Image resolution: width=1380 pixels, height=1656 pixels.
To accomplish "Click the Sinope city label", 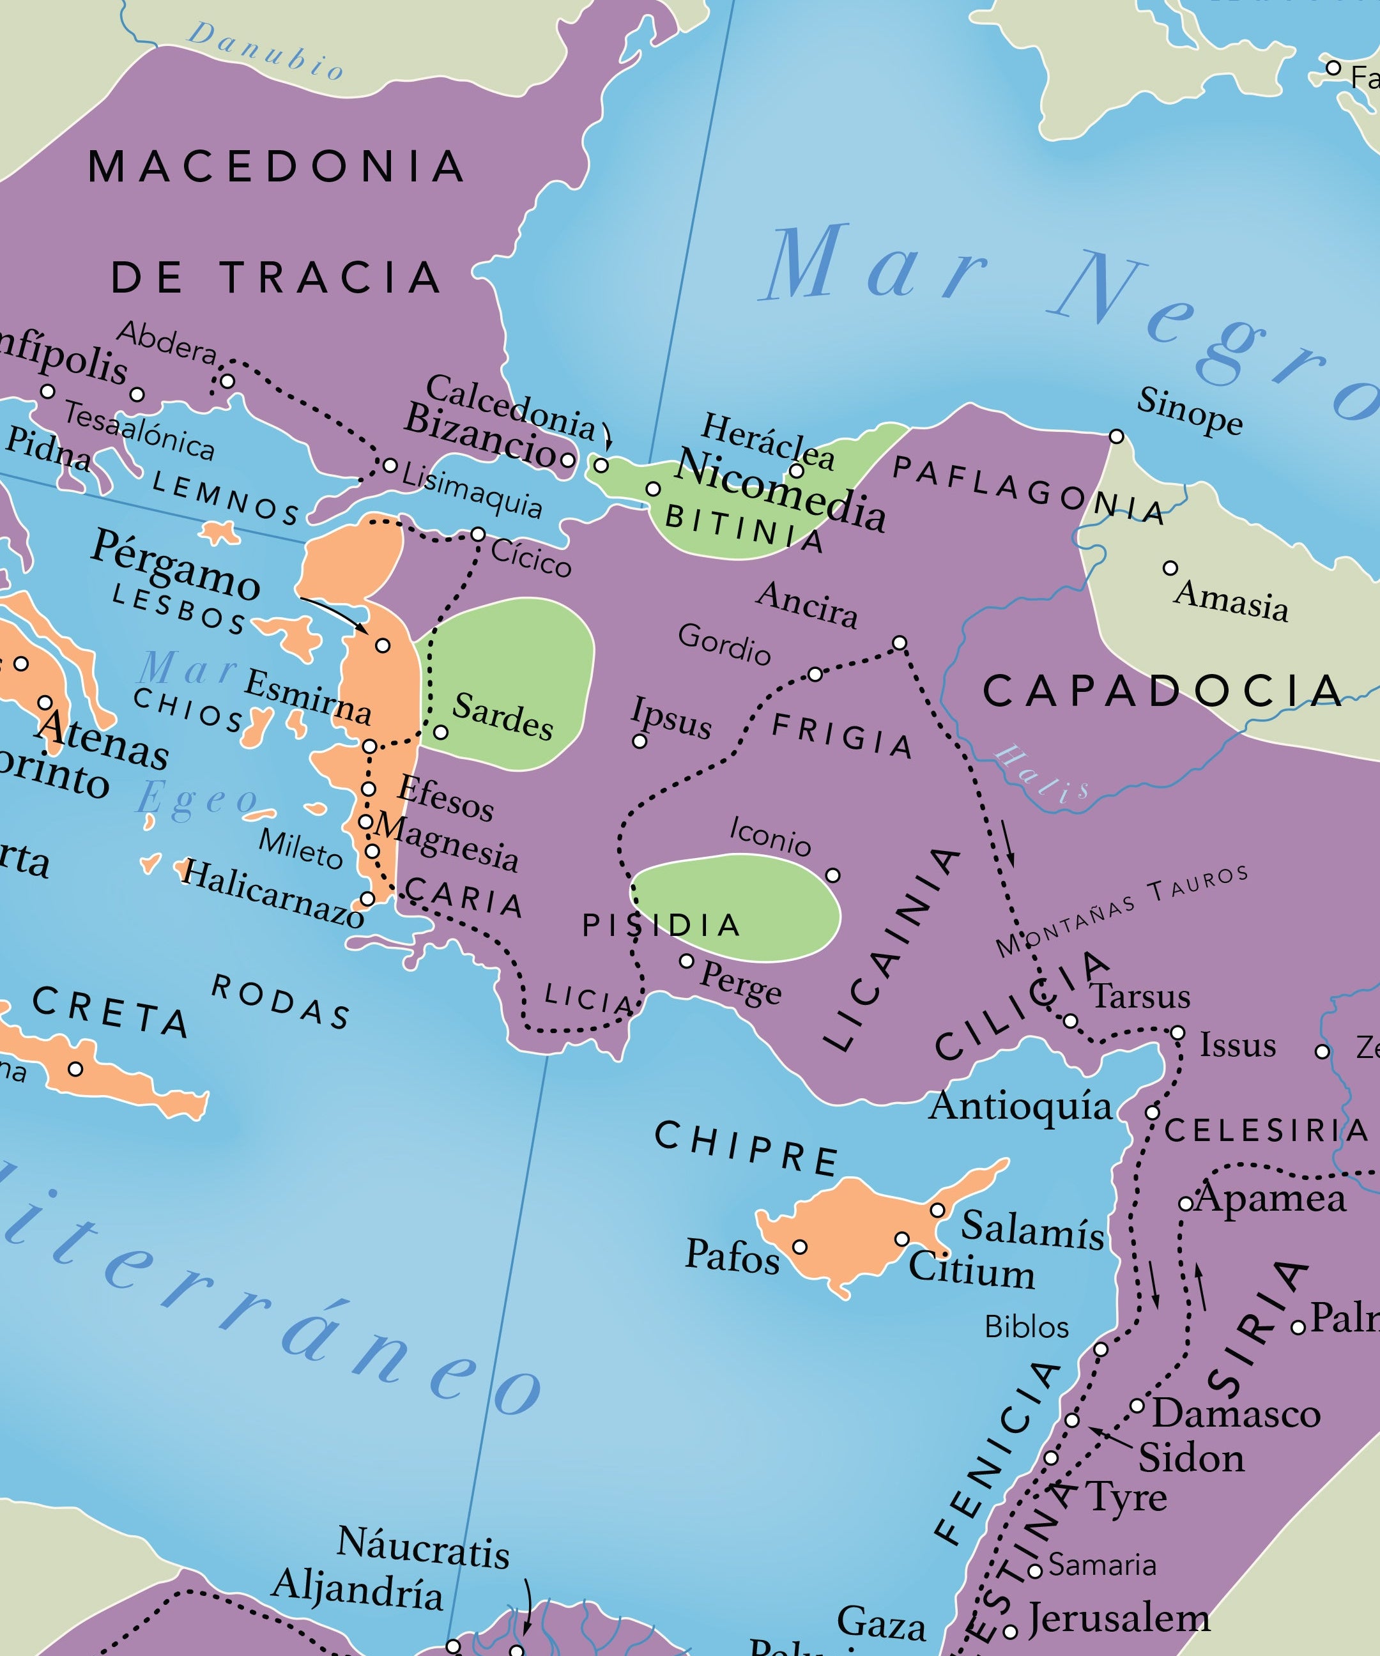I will [x=1188, y=411].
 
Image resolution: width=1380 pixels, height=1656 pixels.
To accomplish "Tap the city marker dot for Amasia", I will [x=1170, y=568].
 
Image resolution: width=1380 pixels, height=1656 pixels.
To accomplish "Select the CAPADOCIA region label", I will [x=1161, y=691].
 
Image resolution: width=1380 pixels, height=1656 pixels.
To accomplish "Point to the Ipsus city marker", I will [x=640, y=741].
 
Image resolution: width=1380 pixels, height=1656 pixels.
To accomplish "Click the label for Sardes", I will [x=503, y=715].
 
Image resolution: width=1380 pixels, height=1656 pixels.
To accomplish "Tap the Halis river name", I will [x=1041, y=775].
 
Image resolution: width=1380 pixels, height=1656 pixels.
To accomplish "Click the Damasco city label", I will [x=1236, y=1413].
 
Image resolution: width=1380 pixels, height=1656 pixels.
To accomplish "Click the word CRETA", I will [x=111, y=1013].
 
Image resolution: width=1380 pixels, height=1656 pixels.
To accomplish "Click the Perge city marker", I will [x=687, y=960].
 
